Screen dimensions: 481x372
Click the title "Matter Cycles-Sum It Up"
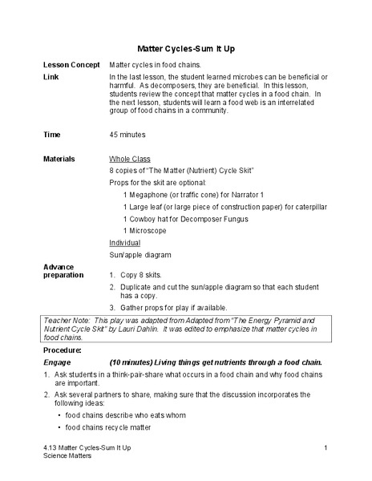point(186,48)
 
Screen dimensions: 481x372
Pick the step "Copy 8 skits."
point(141,275)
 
